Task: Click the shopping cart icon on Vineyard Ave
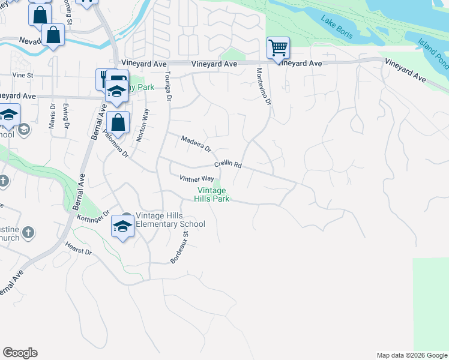click(278, 48)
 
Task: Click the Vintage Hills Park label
click(212, 195)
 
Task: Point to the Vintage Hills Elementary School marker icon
click(123, 226)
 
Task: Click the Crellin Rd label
click(228, 164)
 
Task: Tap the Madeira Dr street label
click(196, 143)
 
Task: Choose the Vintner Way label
click(197, 179)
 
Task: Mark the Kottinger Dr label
click(93, 216)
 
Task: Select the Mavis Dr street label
click(52, 117)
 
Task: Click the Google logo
click(20, 353)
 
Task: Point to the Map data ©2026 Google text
click(411, 355)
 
